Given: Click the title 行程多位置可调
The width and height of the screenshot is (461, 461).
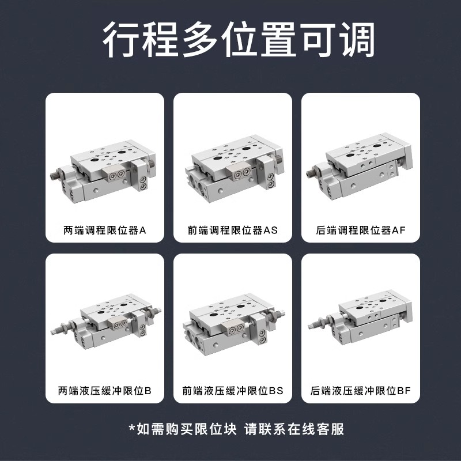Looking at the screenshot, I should (231, 41).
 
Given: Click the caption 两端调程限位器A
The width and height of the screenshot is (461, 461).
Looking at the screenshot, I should (105, 230).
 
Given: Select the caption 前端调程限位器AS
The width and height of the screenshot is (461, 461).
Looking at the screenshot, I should (233, 230).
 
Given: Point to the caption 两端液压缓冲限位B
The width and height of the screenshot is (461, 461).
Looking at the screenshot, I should (105, 390).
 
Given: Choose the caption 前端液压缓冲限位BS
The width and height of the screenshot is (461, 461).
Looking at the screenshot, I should (233, 390).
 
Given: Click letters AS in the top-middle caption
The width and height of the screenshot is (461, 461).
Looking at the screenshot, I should (270, 230).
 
